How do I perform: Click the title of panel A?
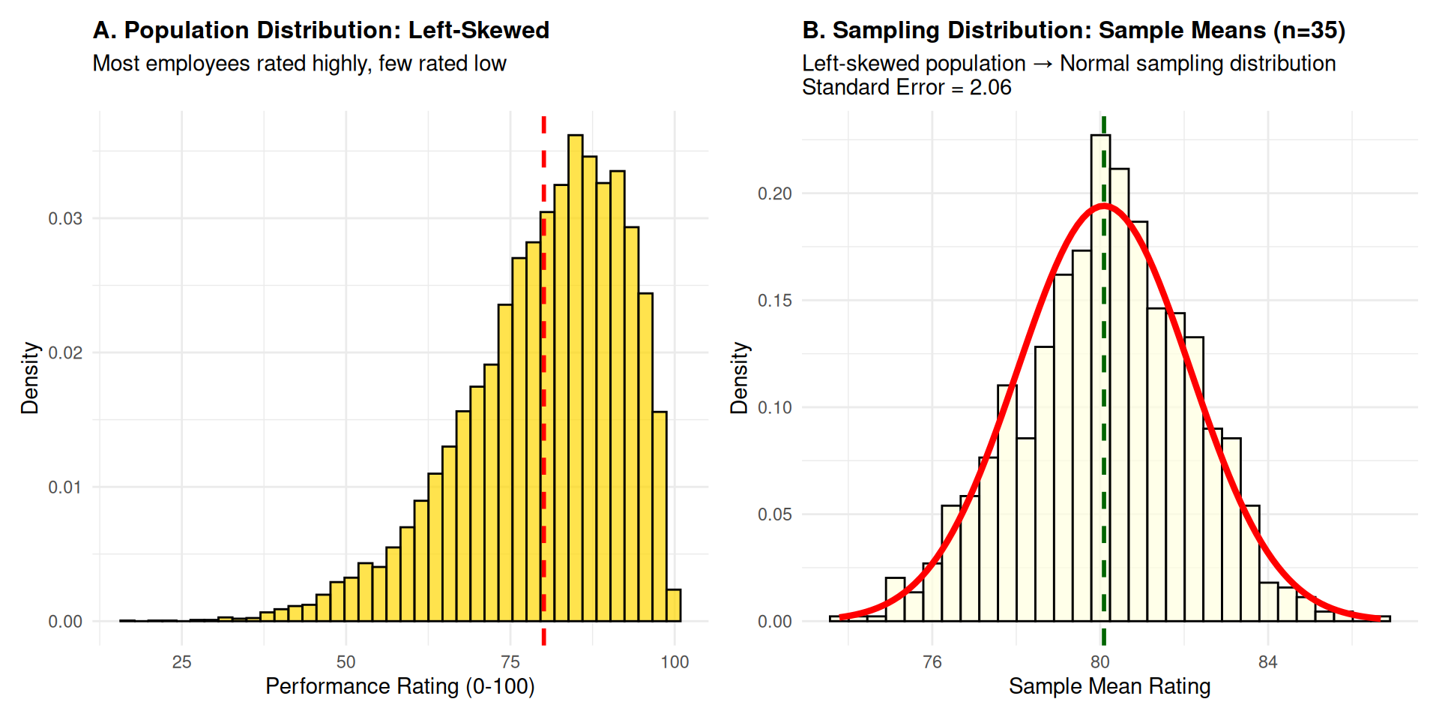[321, 30]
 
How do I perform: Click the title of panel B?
[1073, 30]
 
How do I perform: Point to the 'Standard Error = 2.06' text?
[906, 88]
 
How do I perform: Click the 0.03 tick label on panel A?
[65, 218]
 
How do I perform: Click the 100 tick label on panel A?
[674, 662]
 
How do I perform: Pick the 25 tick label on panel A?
[181, 662]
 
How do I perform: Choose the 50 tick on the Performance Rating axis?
[346, 662]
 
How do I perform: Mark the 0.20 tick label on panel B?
[774, 193]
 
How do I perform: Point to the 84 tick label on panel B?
[1267, 662]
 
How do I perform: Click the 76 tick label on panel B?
[932, 662]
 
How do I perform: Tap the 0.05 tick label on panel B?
[774, 514]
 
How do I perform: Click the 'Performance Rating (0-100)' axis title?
[399, 686]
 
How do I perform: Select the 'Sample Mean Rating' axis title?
[1109, 686]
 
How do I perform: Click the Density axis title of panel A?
[29, 378]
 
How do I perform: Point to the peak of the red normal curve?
[1103, 205]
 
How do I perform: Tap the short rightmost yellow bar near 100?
[674, 606]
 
